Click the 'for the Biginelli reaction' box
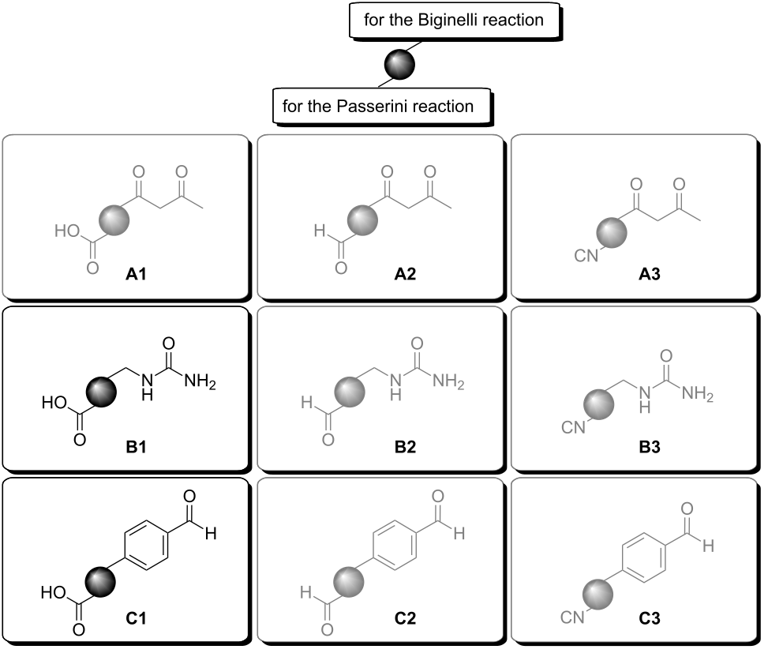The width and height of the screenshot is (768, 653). [453, 21]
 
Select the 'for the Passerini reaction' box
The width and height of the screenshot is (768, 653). [378, 106]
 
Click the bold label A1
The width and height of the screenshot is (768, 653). [137, 275]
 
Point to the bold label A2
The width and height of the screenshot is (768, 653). [392, 275]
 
